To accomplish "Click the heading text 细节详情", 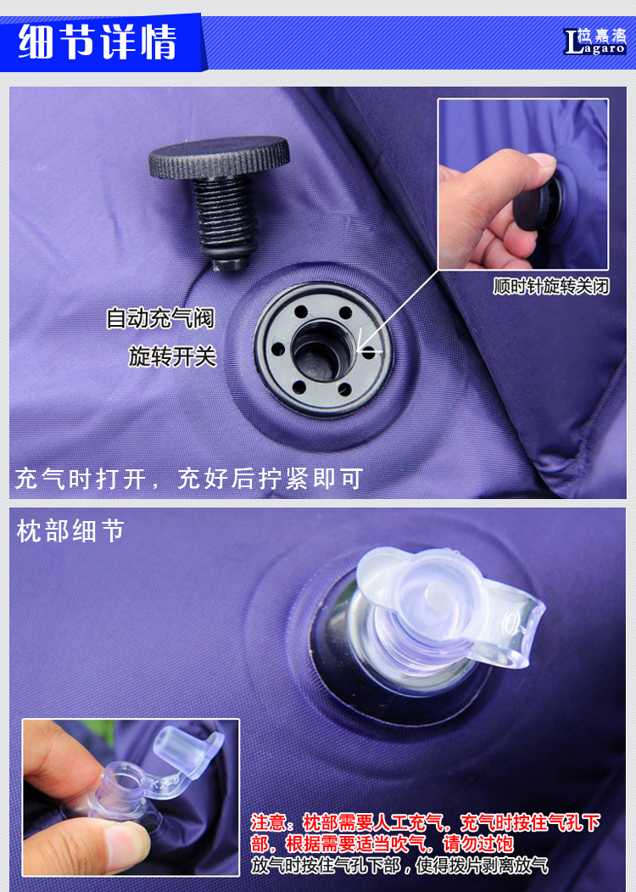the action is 98,42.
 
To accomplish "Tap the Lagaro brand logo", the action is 594,42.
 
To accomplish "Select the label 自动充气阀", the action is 161,317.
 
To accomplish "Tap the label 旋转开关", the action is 172,356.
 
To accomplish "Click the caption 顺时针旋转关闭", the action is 550,285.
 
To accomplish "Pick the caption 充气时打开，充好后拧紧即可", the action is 189,479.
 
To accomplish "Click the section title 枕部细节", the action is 70,530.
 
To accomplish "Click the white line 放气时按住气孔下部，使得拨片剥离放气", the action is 399,865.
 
